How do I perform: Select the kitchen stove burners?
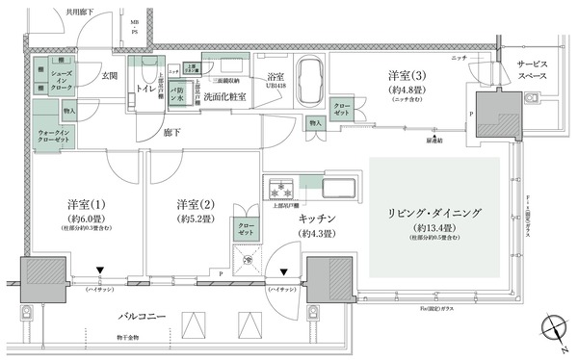(276, 185)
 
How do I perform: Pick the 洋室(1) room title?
(88, 205)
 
